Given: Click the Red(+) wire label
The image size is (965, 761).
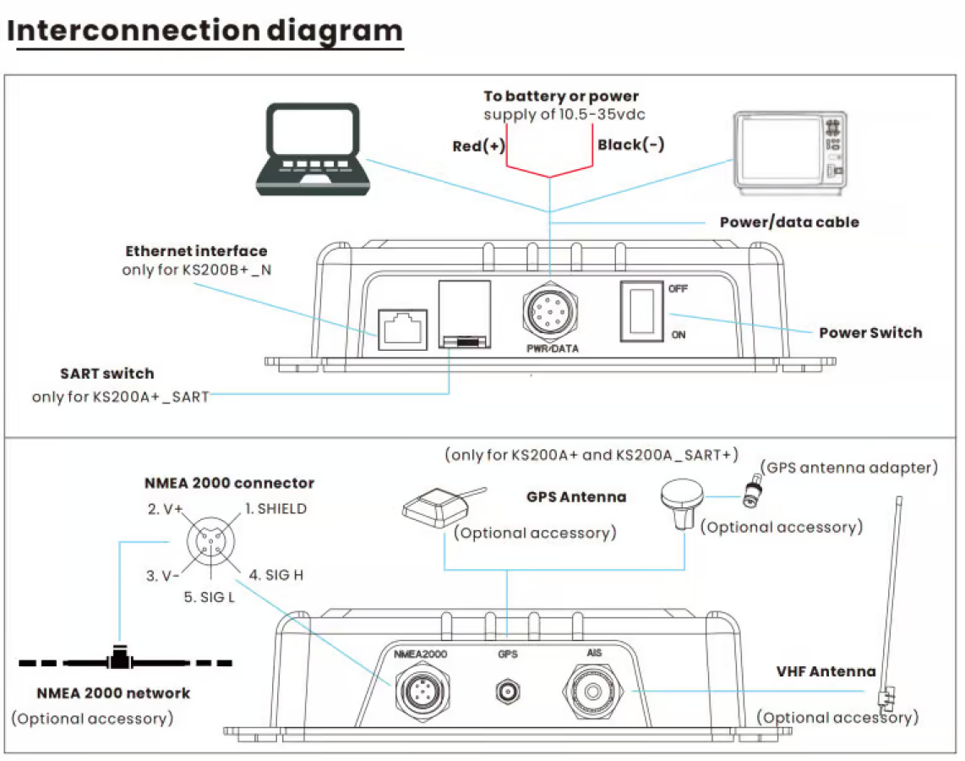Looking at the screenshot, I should click(478, 146).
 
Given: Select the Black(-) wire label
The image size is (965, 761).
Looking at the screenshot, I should click(630, 145).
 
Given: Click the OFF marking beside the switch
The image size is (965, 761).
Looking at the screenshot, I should click(678, 288).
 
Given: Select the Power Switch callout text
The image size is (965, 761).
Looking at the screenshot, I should click(870, 332).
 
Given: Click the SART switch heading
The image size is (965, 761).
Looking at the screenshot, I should click(107, 374).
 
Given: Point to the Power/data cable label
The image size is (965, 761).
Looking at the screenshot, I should click(789, 222).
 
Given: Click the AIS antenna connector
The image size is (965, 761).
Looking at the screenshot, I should click(594, 692).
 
